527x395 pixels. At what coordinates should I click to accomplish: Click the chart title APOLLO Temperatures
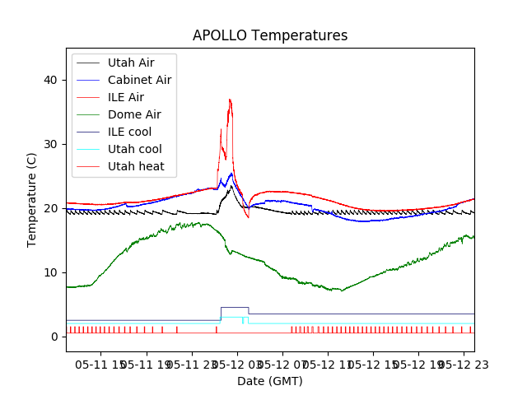(x=270, y=35)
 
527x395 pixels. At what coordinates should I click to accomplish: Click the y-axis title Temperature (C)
(x=32, y=199)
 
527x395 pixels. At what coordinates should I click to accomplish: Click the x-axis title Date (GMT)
(x=270, y=381)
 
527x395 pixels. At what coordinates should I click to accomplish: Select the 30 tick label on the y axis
(x=51, y=144)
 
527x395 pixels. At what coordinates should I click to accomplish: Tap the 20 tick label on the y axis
(x=51, y=208)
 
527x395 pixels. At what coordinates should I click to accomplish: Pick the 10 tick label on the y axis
(x=51, y=272)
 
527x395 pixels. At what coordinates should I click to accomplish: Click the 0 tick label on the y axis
(x=54, y=337)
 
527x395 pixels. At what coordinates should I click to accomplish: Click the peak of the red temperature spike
(x=230, y=100)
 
